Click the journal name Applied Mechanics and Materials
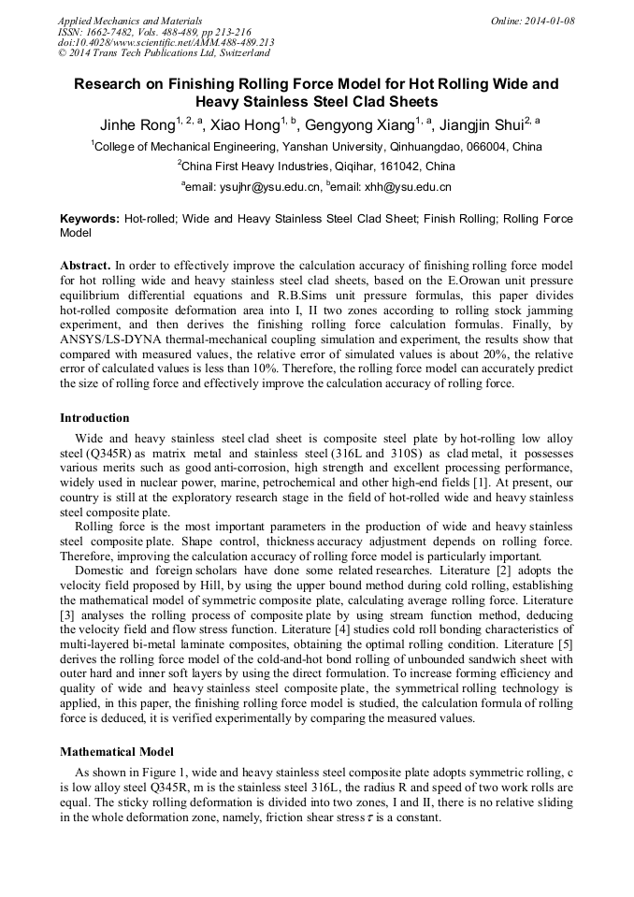[x=117, y=20]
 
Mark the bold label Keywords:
[x=90, y=218]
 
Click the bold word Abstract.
[x=85, y=266]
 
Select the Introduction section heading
[x=94, y=417]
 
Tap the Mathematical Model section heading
[x=117, y=751]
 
